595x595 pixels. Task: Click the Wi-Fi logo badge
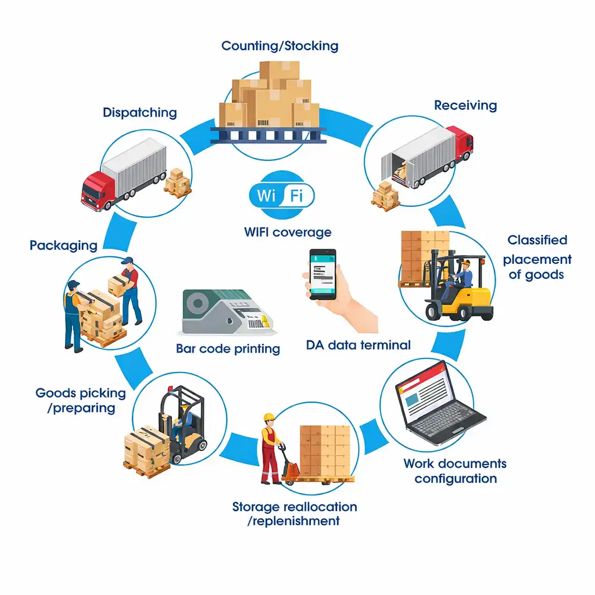[281, 196]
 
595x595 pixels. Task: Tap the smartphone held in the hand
[322, 274]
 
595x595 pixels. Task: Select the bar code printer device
[225, 312]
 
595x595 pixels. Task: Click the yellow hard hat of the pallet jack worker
[268, 417]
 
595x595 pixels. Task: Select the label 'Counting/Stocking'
[279, 45]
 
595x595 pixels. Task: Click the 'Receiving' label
[465, 106]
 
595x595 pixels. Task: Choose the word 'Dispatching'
[139, 112]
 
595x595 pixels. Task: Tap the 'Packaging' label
[63, 245]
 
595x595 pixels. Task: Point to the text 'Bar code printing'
[228, 349]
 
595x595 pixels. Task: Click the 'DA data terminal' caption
[358, 345]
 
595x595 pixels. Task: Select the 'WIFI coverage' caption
[288, 232]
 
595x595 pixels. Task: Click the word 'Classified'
[537, 240]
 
